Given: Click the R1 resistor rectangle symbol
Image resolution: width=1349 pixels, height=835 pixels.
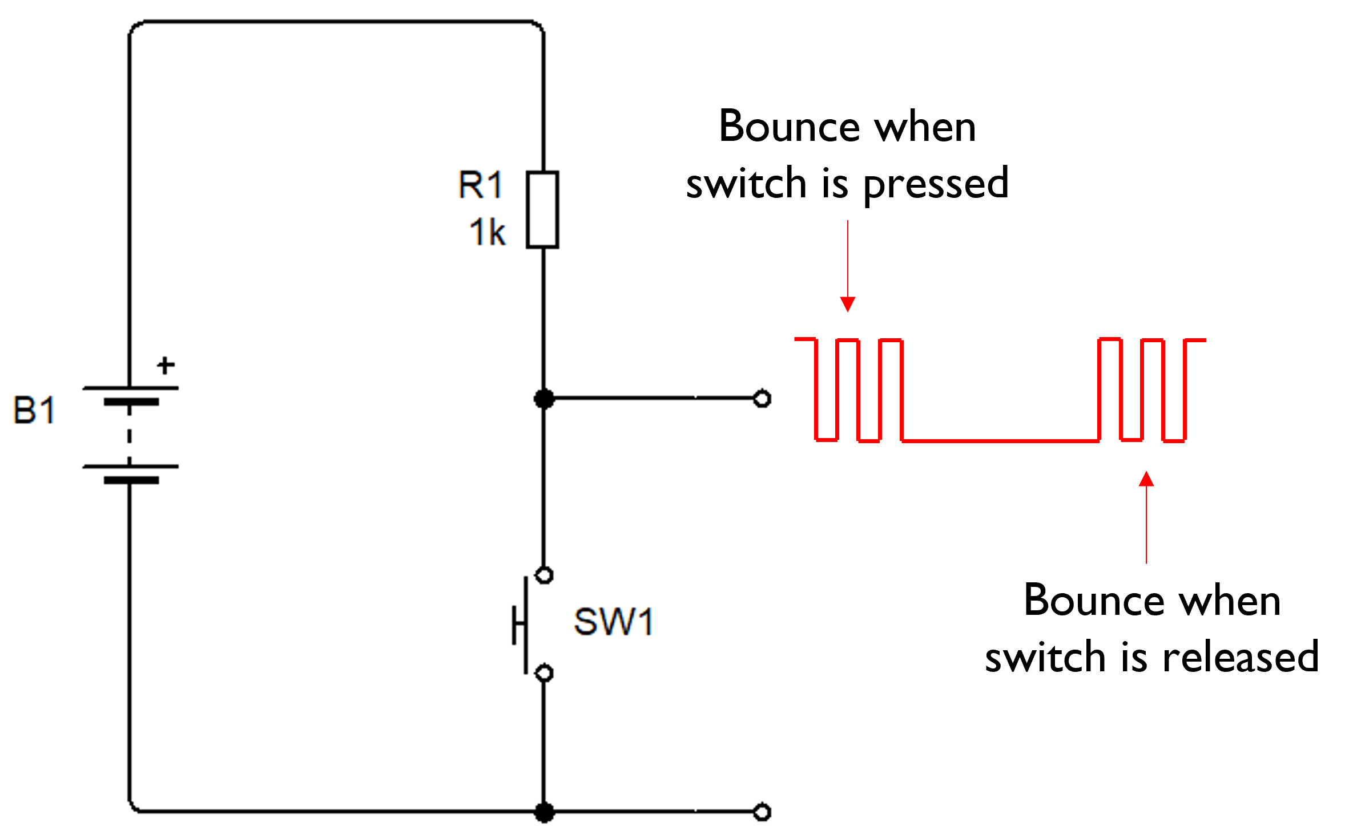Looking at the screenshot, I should pyautogui.click(x=542, y=209).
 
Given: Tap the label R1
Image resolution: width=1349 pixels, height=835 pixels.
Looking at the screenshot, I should pyautogui.click(x=480, y=185).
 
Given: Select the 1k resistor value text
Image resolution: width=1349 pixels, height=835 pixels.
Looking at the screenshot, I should pyautogui.click(x=487, y=233).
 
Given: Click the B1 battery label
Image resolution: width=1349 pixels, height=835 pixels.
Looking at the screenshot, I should pyautogui.click(x=34, y=410).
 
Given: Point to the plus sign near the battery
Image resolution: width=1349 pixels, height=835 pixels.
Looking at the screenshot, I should pyautogui.click(x=166, y=365).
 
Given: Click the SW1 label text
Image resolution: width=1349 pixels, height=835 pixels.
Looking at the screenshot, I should pyautogui.click(x=614, y=622).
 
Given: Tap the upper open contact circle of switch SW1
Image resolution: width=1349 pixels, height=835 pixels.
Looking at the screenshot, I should pyautogui.click(x=545, y=575).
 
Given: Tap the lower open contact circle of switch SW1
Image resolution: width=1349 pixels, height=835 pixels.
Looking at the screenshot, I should pyautogui.click(x=545, y=674).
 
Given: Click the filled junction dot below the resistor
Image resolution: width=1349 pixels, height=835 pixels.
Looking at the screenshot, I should pyautogui.click(x=544, y=398).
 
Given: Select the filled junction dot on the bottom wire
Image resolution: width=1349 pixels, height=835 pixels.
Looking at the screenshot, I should pyautogui.click(x=544, y=812).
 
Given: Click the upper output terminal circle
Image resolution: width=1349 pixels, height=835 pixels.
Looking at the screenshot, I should pyautogui.click(x=762, y=399).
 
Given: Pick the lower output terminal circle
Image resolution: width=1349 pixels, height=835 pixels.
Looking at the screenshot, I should pyautogui.click(x=762, y=812).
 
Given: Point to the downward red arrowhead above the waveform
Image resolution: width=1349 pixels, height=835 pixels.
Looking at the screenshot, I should pyautogui.click(x=848, y=304).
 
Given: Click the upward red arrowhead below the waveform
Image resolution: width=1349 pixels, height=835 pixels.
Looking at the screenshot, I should pyautogui.click(x=1146, y=479).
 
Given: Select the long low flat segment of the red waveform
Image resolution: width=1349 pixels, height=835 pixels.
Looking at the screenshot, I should pyautogui.click(x=999, y=441).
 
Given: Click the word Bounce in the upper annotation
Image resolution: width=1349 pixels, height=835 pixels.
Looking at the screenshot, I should pyautogui.click(x=789, y=127).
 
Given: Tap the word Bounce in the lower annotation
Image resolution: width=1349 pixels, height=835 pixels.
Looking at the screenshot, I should pyautogui.click(x=1094, y=601).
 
